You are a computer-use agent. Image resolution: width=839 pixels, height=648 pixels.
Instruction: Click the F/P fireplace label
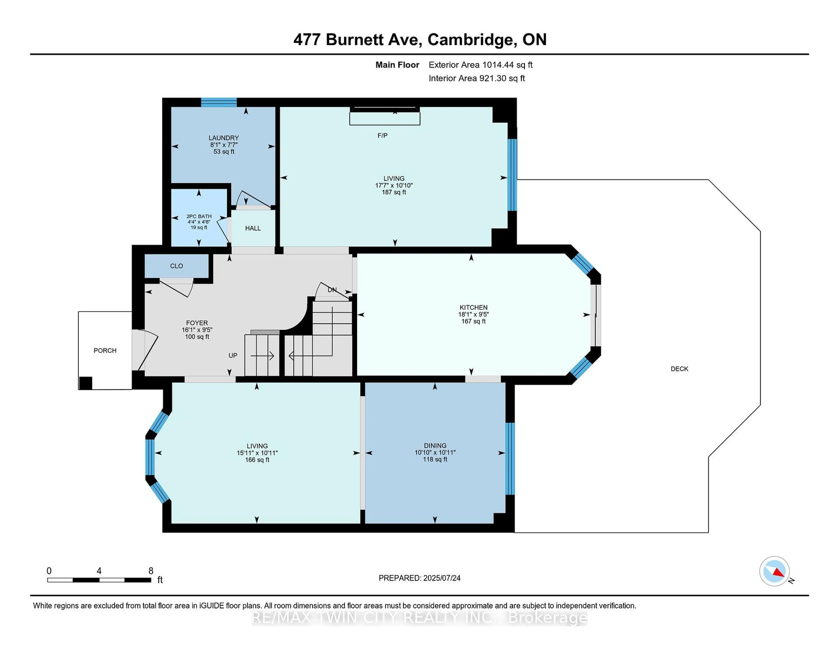(382, 136)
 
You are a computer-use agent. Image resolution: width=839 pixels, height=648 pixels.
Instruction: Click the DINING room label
(435, 446)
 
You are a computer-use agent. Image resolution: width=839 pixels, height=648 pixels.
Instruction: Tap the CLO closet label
(176, 266)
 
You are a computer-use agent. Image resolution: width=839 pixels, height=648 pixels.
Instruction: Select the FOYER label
(197, 323)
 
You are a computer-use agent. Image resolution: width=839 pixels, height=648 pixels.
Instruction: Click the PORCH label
(105, 350)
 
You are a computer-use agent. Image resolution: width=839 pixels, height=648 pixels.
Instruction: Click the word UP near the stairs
(233, 355)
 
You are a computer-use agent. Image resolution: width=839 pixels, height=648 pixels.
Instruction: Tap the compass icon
(774, 571)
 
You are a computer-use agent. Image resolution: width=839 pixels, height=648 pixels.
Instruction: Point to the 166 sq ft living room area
(257, 460)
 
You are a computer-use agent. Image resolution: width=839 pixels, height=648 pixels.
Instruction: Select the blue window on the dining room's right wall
(510, 459)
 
